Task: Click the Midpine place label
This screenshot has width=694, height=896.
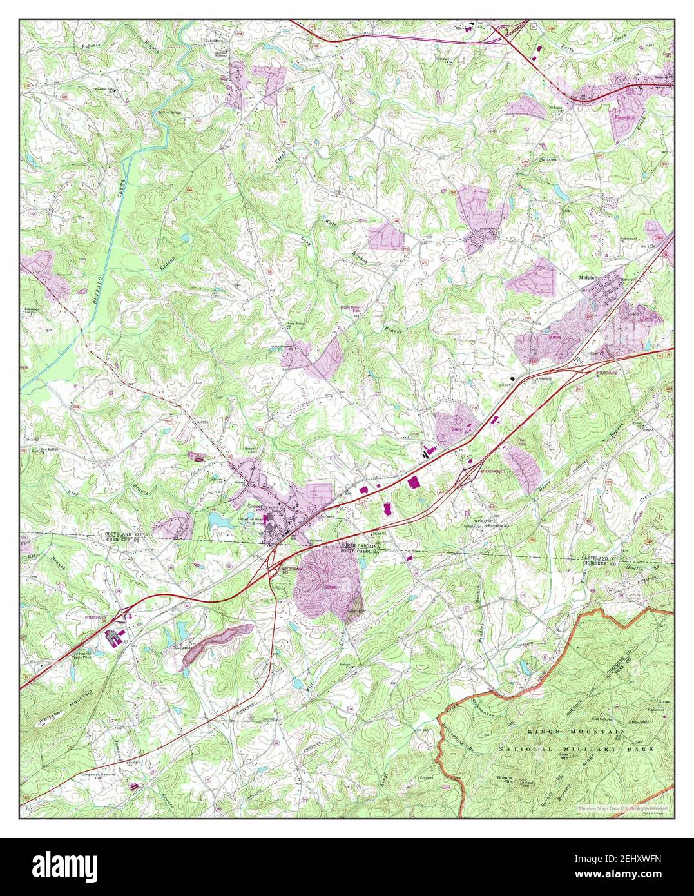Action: (589, 277)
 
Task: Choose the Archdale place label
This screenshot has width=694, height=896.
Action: (545, 379)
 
